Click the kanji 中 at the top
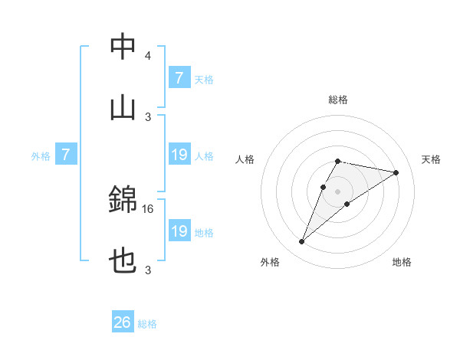click(x=123, y=47)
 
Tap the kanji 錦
click(x=123, y=201)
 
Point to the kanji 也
click(x=123, y=262)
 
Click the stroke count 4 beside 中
click(x=147, y=56)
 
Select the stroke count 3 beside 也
click(x=147, y=270)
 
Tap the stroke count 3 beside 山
click(x=147, y=116)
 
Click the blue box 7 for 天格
click(x=179, y=77)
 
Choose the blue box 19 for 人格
click(x=179, y=155)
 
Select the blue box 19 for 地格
click(x=179, y=231)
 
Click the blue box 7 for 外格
click(x=66, y=155)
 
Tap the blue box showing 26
click(x=123, y=322)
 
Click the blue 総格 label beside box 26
click(x=147, y=324)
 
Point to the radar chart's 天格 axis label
click(x=432, y=159)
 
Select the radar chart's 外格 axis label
click(x=270, y=262)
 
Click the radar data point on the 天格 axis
click(x=396, y=172)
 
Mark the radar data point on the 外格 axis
click(x=302, y=242)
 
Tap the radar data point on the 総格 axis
click(x=337, y=161)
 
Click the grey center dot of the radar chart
click(x=337, y=191)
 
